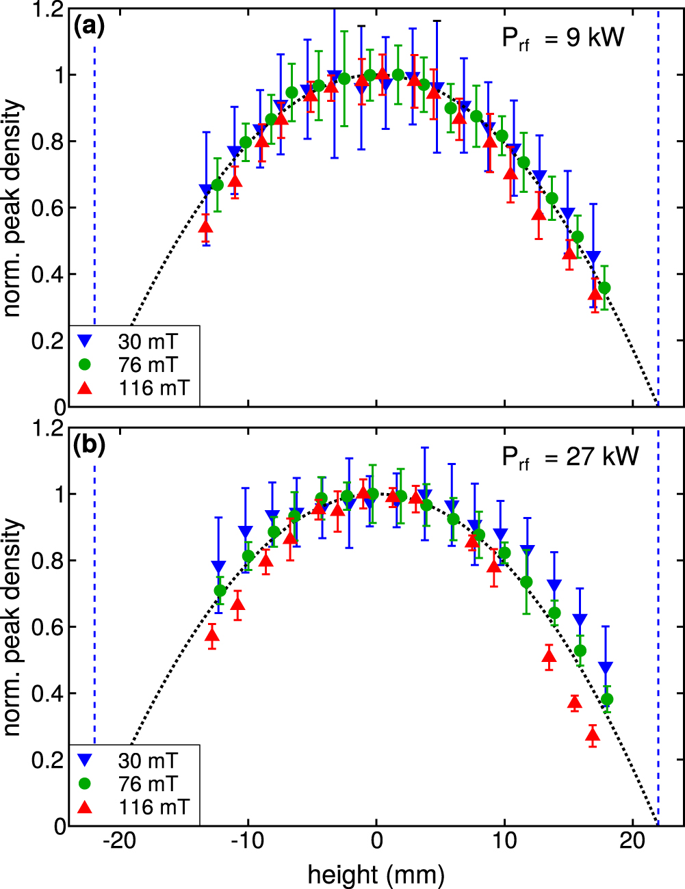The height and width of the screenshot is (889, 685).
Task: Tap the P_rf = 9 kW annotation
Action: (x=563, y=38)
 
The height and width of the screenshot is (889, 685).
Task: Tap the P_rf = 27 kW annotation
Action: (x=569, y=457)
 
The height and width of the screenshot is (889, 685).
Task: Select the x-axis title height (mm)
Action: (x=376, y=874)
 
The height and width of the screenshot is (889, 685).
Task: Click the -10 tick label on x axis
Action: (x=247, y=841)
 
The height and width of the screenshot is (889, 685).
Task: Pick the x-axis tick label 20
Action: (x=632, y=841)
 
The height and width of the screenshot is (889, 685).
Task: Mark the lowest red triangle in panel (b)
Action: (x=593, y=736)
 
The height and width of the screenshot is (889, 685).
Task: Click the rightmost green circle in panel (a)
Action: (x=604, y=288)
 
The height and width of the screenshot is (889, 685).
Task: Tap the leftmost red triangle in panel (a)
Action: (x=205, y=226)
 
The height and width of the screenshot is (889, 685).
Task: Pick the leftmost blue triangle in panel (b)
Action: (x=218, y=567)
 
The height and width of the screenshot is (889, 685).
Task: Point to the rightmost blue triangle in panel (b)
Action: (x=606, y=668)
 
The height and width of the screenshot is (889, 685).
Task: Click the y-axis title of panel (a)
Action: (x=14, y=209)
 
